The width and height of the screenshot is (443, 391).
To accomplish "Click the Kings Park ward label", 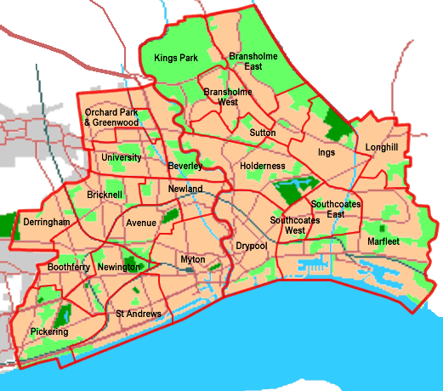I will (176, 58).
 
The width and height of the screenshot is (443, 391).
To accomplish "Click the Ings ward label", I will (327, 153).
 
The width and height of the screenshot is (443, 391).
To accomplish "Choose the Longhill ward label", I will (381, 147).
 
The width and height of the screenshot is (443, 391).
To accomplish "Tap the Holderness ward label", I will (262, 166).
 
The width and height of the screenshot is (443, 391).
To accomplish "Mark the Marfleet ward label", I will (383, 241).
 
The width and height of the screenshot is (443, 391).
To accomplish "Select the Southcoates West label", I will (287, 225).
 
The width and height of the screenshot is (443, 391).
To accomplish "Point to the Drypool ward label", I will (250, 246).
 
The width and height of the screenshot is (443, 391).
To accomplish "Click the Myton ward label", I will (194, 259).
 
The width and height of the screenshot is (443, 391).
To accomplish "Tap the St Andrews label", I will (139, 314).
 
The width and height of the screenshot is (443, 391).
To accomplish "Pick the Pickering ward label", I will (48, 331).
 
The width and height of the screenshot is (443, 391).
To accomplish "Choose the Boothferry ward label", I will (69, 267).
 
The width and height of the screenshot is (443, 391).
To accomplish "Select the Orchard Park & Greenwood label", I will (111, 117).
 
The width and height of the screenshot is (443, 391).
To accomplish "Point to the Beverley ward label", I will (185, 166).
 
